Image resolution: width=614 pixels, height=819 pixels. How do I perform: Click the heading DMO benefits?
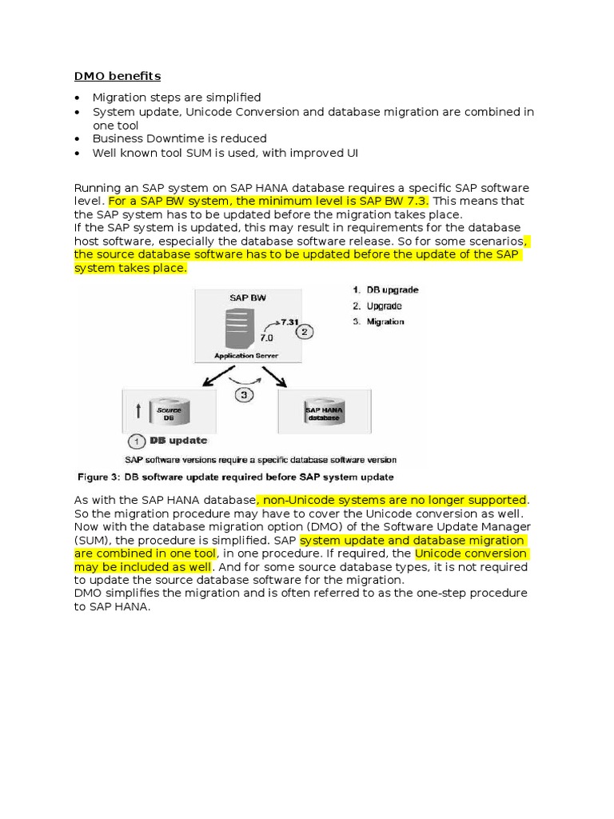[118, 76]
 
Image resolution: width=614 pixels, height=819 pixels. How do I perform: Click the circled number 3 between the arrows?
[245, 394]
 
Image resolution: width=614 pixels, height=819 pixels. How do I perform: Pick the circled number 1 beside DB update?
[136, 441]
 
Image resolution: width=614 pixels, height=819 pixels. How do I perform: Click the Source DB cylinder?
[169, 413]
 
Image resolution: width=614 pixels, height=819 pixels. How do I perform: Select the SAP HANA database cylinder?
[324, 413]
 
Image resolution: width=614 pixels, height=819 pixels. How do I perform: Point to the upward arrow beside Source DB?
[140, 412]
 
